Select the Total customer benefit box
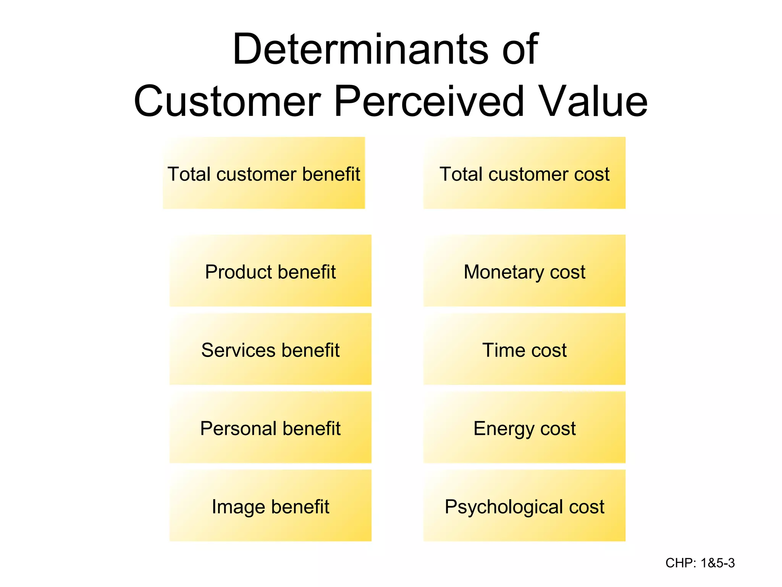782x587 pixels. point(264,173)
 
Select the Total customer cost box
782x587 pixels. point(524,173)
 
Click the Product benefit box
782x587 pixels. point(270,271)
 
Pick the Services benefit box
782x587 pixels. point(270,349)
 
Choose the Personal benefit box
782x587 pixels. point(270,428)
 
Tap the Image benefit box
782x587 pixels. point(270,506)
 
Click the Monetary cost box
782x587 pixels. point(524,271)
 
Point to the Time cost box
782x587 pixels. point(524,349)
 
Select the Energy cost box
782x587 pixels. point(524,428)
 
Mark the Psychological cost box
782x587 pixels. point(524,506)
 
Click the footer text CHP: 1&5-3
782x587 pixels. point(700,563)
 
